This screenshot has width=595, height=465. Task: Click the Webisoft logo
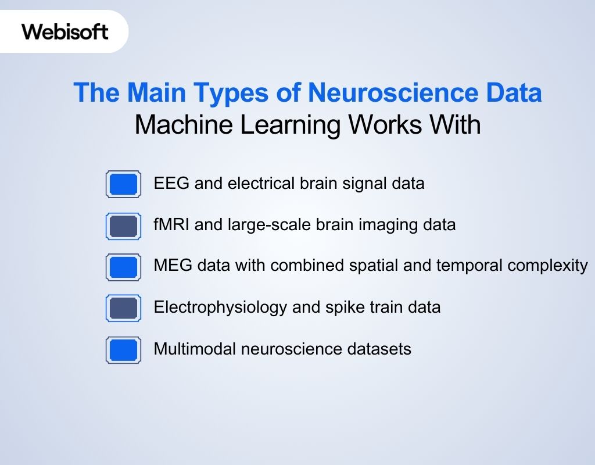[65, 31]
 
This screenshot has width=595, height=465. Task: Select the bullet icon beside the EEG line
[123, 184]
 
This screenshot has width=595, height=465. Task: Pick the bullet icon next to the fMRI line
[123, 226]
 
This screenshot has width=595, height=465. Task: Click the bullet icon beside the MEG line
[123, 267]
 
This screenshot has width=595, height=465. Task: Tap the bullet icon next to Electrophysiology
[123, 308]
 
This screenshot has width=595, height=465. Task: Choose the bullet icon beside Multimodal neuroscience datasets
[123, 350]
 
